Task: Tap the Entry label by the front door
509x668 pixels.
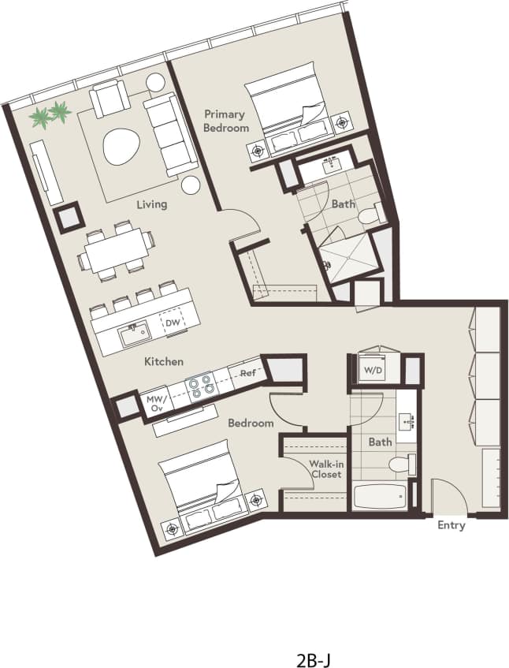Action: click(451, 525)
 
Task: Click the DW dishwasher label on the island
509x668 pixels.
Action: click(173, 323)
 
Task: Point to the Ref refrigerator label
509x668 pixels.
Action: click(248, 371)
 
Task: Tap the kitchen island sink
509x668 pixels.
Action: click(134, 334)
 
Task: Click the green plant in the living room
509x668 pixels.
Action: click(50, 115)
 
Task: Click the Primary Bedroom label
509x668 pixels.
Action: click(225, 121)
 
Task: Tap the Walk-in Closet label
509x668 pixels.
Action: click(325, 469)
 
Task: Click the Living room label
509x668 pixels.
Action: click(151, 204)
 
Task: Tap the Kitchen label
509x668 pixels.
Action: click(164, 361)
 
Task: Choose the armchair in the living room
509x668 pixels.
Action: click(110, 99)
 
